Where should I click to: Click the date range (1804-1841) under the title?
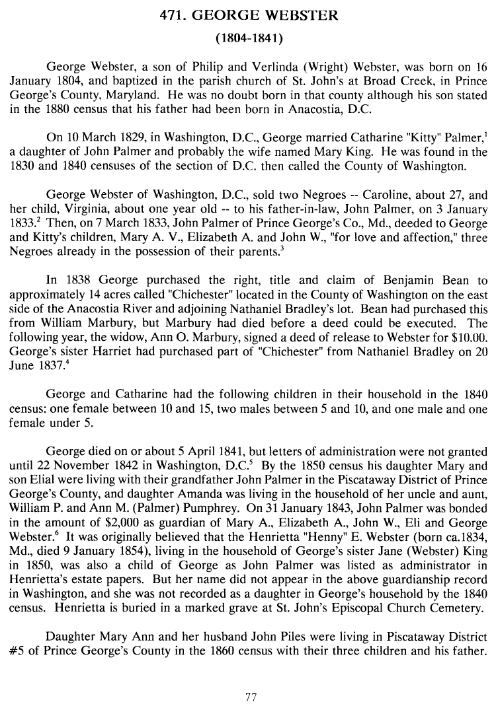tap(249, 38)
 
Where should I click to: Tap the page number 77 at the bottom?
tap(250, 695)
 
